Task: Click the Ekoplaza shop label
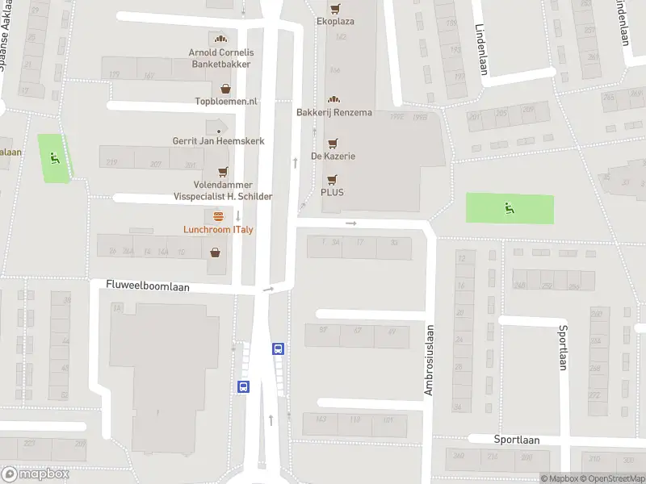point(335,21)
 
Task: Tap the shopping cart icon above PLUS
point(331,180)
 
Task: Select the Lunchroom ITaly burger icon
point(219,216)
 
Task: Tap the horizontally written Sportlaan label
point(516,440)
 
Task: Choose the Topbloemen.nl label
point(226,102)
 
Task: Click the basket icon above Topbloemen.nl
point(225,89)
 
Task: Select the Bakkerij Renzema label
point(334,112)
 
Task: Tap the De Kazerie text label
point(333,156)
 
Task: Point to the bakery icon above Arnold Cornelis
point(219,39)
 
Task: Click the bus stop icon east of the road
point(278,349)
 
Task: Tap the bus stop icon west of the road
point(243,386)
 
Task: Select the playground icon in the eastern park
point(510,209)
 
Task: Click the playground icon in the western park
point(54,157)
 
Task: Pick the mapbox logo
point(35,474)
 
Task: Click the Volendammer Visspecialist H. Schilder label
point(223,191)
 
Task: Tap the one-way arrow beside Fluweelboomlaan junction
point(268,289)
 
